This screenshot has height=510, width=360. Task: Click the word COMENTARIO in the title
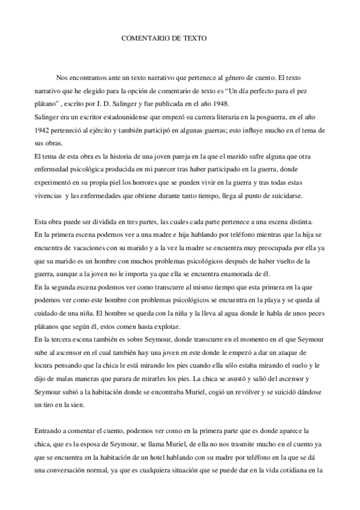[144, 38]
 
